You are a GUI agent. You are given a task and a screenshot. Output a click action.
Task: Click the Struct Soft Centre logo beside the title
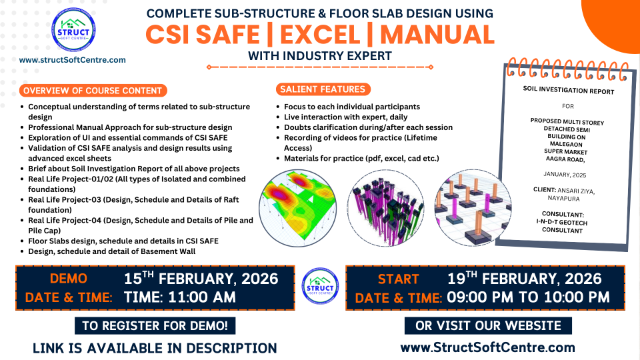pos(73,30)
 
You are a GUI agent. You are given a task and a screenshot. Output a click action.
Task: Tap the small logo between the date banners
pos(321,286)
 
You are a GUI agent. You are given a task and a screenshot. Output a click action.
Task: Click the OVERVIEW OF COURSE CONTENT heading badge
pos(93,91)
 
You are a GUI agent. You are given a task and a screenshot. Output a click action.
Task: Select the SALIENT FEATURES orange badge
pos(323,89)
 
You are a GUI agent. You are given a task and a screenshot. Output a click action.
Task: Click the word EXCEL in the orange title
pos(320,35)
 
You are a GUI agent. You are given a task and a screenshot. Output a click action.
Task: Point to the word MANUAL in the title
pos(437,35)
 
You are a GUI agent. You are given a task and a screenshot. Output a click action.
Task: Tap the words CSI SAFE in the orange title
pos(203,35)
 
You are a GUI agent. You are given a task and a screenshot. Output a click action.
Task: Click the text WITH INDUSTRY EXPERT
pos(320,56)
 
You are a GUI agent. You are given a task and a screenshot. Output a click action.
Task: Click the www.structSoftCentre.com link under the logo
pos(72,60)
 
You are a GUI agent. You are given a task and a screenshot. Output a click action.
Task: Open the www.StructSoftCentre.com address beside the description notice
pos(488,347)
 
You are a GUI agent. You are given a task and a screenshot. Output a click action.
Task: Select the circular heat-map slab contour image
pos(298,208)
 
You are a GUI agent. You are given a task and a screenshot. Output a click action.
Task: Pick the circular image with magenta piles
pos(386,208)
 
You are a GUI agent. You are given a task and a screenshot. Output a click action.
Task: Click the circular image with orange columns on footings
pos(473,208)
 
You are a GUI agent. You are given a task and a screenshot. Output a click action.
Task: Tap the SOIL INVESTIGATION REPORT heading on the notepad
pos(569,90)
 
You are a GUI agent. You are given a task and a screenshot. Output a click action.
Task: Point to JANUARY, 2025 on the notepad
pos(565,174)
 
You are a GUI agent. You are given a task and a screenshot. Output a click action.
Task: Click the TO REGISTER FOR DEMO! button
pos(155,326)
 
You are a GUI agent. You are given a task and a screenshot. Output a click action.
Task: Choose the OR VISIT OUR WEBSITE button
pos(488,326)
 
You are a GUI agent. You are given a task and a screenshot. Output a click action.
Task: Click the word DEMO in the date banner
pos(69,279)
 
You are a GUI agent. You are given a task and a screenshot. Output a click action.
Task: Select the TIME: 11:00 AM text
pos(179,297)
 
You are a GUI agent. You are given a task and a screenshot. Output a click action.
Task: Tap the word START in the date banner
pos(399,279)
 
